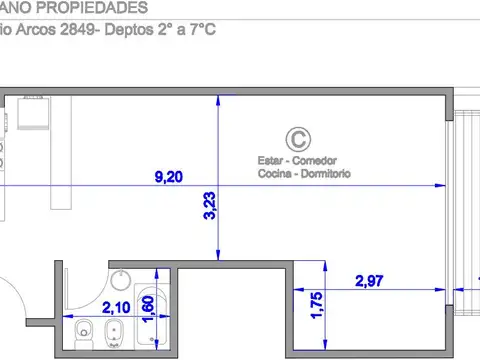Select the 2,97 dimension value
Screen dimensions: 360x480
pyautogui.click(x=370, y=281)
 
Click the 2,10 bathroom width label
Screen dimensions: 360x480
pyautogui.click(x=115, y=310)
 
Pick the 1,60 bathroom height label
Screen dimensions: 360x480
pyautogui.click(x=148, y=310)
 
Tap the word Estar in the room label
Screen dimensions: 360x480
pyautogui.click(x=270, y=160)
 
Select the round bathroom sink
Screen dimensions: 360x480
pyautogui.click(x=119, y=281)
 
